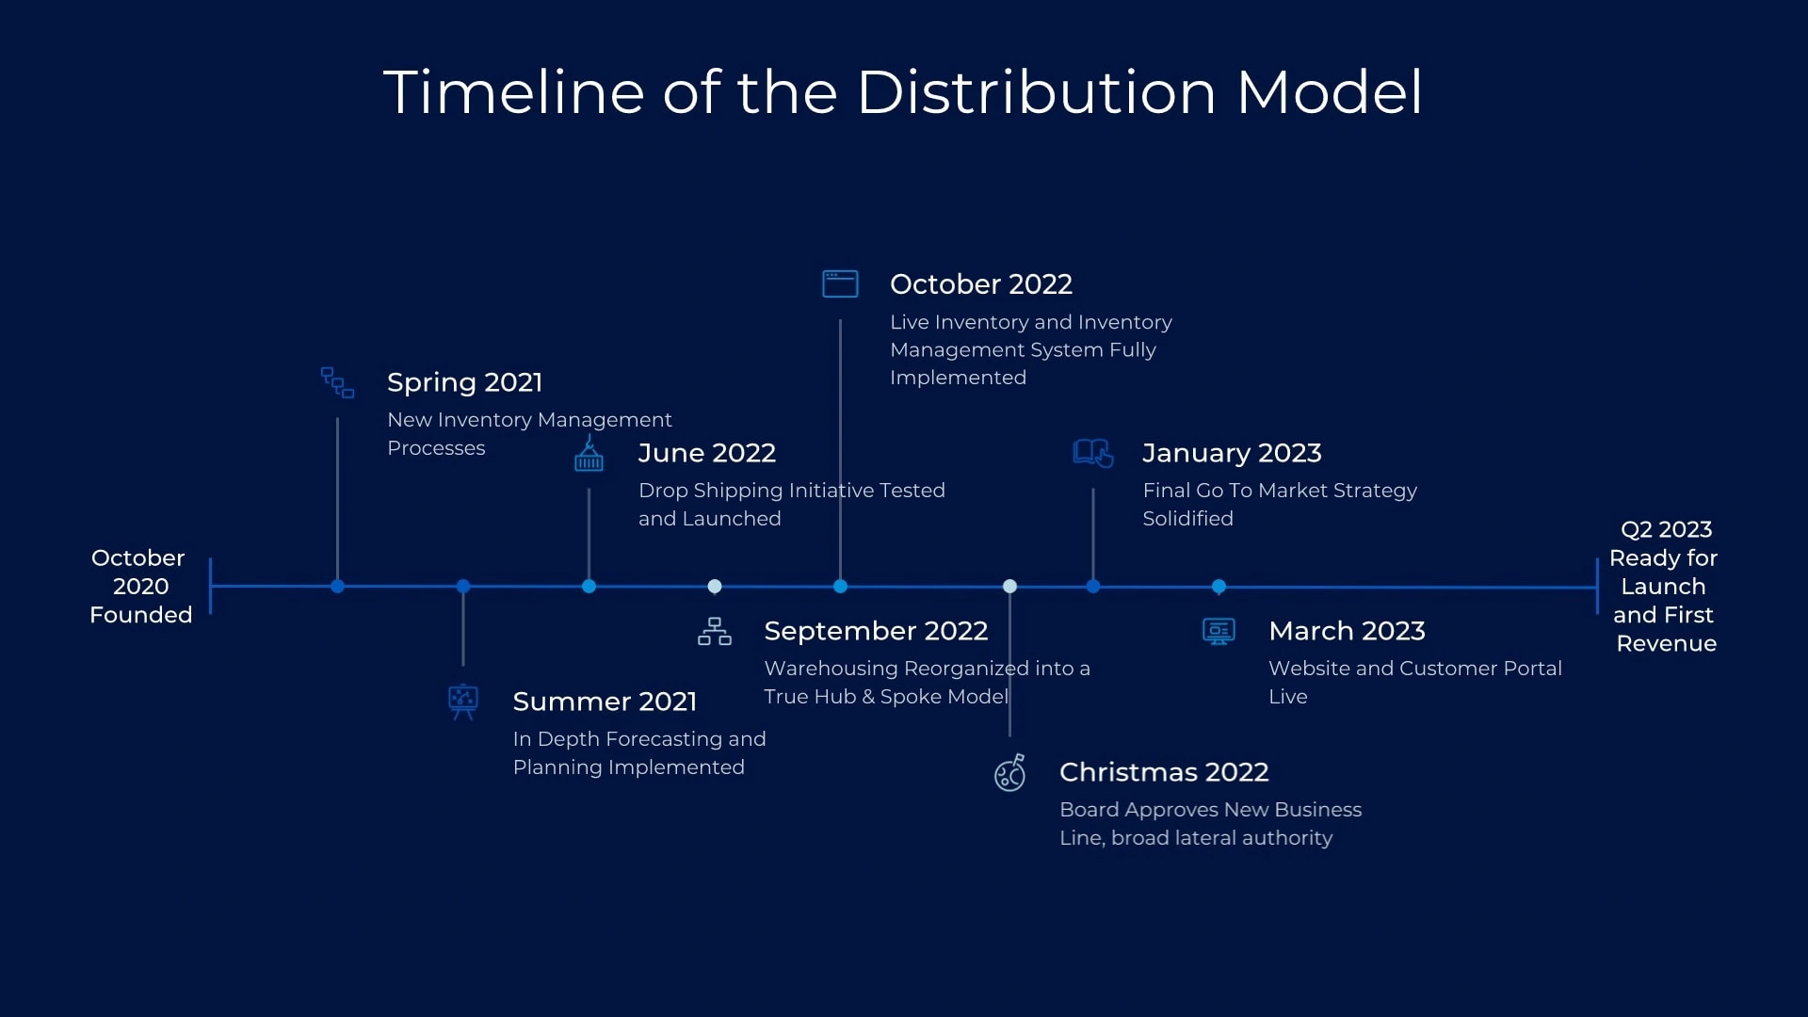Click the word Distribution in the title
[x=1036, y=92]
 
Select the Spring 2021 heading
[x=464, y=382]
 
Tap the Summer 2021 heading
[x=605, y=702]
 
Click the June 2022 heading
[x=707, y=453]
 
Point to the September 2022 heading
[x=876, y=631]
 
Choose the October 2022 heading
[x=981, y=284]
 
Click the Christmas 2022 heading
[x=1164, y=772]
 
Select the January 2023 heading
[x=1232, y=453]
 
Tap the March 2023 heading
[x=1347, y=631]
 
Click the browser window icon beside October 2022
[x=840, y=283]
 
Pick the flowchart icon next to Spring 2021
[x=337, y=382]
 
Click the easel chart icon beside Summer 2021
[x=463, y=702]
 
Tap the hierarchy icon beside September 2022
[x=715, y=631]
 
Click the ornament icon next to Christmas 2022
[x=1010, y=772]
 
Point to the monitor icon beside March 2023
[x=1219, y=631]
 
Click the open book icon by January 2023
[x=1093, y=453]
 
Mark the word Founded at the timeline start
[x=141, y=615]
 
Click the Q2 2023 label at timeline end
[x=1666, y=530]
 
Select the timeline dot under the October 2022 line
[x=840, y=587]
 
